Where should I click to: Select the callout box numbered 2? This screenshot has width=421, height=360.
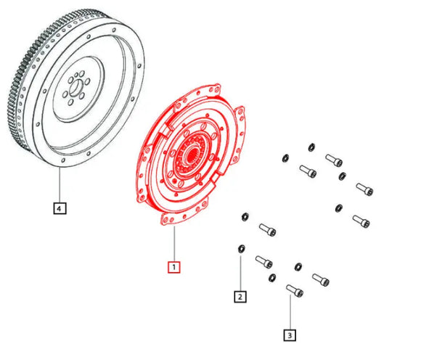[240, 295]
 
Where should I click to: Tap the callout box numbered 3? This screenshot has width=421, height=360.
[290, 335]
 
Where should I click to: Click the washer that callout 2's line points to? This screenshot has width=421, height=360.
[240, 249]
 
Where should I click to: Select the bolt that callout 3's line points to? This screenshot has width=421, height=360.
[293, 292]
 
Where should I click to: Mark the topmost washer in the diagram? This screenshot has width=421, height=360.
[311, 147]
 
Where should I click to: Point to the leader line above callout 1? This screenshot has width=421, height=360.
[173, 243]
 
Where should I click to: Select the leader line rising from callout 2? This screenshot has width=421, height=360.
[240, 272]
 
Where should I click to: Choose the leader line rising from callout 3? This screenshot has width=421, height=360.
[290, 312]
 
